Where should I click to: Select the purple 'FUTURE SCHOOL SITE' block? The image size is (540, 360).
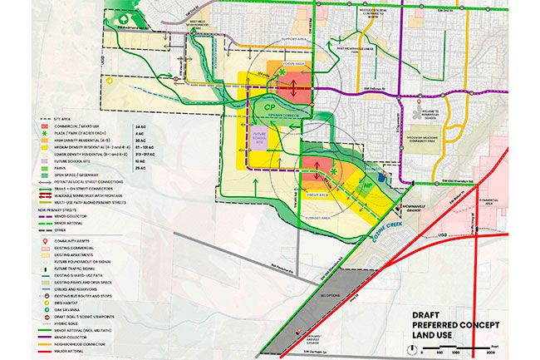click(x=259, y=137)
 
